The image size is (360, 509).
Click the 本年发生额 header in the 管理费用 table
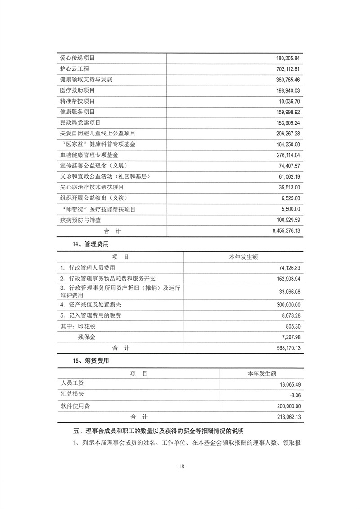pyautogui.click(x=243, y=257)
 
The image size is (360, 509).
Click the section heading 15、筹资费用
pyautogui.click(x=90, y=361)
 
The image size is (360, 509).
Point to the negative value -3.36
pyautogui.click(x=293, y=395)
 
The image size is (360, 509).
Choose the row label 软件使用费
pyautogui.click(x=75, y=406)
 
